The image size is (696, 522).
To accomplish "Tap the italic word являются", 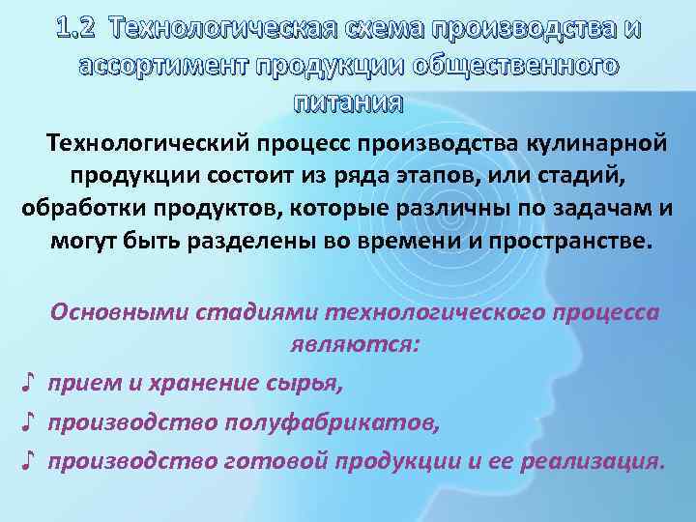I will coord(354,344).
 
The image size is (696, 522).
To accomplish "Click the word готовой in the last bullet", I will coord(275,460).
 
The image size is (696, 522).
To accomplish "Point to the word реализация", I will coord(593,460).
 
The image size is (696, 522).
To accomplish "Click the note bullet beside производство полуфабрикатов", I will coord(29,421).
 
